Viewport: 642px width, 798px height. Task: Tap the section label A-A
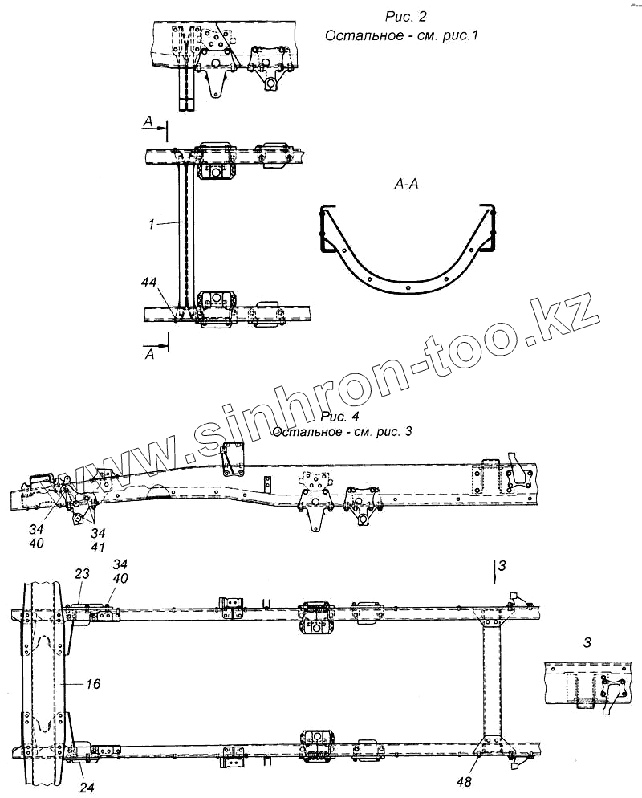[x=404, y=185]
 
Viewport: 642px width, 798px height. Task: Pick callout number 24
[x=87, y=788]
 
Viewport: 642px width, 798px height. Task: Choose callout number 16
[x=93, y=683]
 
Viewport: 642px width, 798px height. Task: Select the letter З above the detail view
[x=587, y=642]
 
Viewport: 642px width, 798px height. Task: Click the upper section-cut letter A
[x=147, y=120]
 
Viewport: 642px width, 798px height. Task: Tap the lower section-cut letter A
[x=148, y=354]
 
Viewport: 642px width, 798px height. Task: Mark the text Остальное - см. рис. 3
[x=343, y=432]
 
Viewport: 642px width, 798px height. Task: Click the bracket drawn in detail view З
[x=613, y=691]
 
